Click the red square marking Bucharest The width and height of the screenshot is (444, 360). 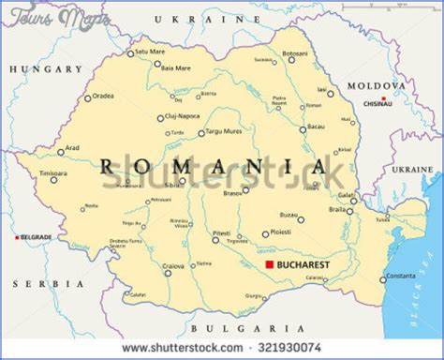tap(269, 267)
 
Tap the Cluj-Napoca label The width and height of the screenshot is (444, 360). tap(183, 117)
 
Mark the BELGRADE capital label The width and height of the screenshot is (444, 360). tap(37, 237)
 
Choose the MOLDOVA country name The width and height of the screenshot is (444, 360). tap(374, 86)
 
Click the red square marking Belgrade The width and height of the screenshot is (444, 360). tap(16, 237)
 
